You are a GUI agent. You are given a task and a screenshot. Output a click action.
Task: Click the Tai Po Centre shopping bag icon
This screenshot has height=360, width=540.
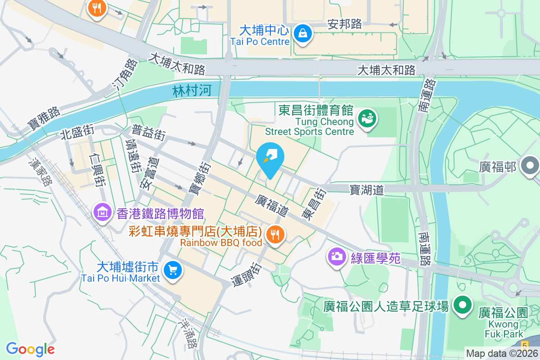(x=303, y=34)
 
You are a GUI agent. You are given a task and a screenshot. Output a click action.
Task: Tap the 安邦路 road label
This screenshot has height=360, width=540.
(x=345, y=24)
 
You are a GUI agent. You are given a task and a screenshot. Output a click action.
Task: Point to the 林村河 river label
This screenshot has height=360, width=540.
(x=192, y=91)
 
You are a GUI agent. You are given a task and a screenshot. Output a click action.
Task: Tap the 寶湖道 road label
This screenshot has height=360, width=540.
(x=367, y=190)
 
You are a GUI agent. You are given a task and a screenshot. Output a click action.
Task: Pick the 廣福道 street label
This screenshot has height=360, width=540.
(x=272, y=205)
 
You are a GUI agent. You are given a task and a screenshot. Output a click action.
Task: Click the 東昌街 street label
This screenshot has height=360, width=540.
(x=314, y=204)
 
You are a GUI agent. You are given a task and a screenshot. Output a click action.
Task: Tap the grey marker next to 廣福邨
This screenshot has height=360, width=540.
(x=530, y=166)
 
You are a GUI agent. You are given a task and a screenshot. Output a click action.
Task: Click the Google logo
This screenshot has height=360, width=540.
(x=30, y=349)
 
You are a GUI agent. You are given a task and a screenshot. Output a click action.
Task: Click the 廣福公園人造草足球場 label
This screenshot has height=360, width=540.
(x=386, y=307)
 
